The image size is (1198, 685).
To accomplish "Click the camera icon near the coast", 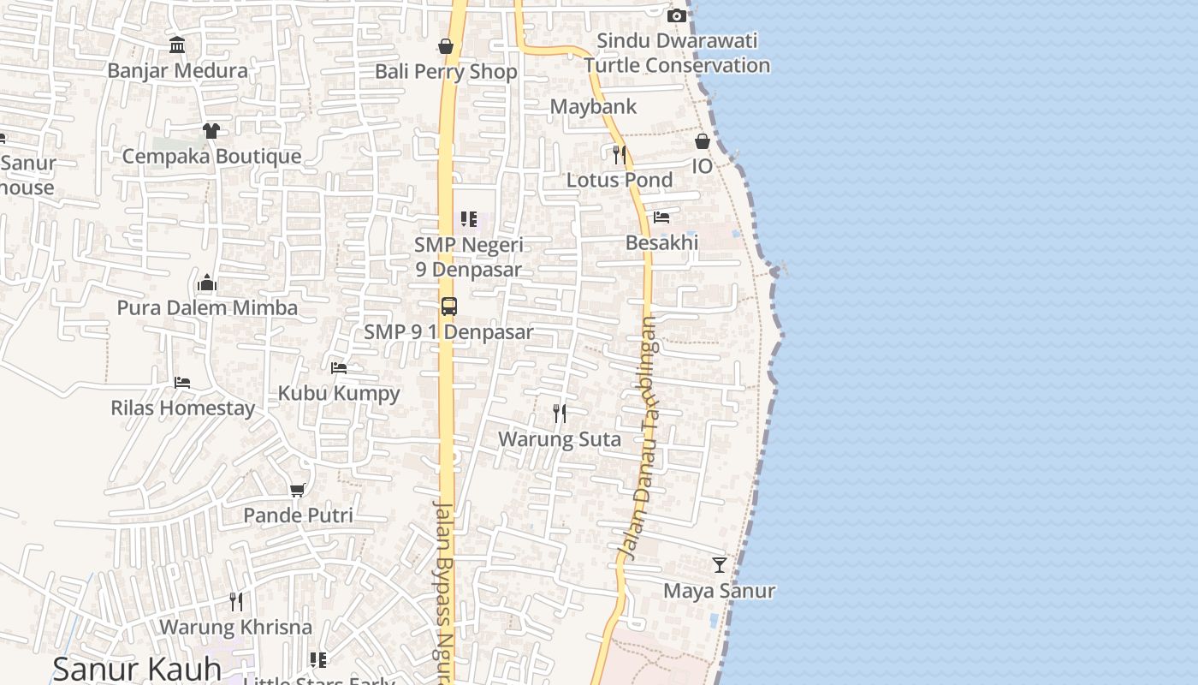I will [676, 15].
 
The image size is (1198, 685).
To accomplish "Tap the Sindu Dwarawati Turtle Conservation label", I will [676, 53].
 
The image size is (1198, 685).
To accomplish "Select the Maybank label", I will [593, 107].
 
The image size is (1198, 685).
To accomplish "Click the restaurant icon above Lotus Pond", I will [620, 155].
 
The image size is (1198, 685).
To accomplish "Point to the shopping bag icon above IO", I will [702, 141].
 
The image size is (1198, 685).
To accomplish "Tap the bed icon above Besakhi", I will [661, 217].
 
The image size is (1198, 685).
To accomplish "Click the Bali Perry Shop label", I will [446, 72].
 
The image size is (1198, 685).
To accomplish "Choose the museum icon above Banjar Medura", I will [177, 45].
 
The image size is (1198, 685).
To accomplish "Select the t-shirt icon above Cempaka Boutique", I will [211, 131].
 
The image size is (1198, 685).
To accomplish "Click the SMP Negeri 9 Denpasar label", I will [468, 257].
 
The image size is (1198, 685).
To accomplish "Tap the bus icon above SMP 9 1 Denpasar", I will [448, 307].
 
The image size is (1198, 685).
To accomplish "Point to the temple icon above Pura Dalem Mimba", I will [207, 283].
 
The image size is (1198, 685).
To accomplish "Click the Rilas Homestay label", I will [182, 408].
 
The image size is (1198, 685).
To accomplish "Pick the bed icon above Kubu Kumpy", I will [339, 368].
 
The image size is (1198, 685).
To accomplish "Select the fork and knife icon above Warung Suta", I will [559, 414].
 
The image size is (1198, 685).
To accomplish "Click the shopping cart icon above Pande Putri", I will [297, 491].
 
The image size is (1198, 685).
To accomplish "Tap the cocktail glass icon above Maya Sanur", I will [719, 565].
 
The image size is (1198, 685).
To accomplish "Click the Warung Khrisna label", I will [235, 627].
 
